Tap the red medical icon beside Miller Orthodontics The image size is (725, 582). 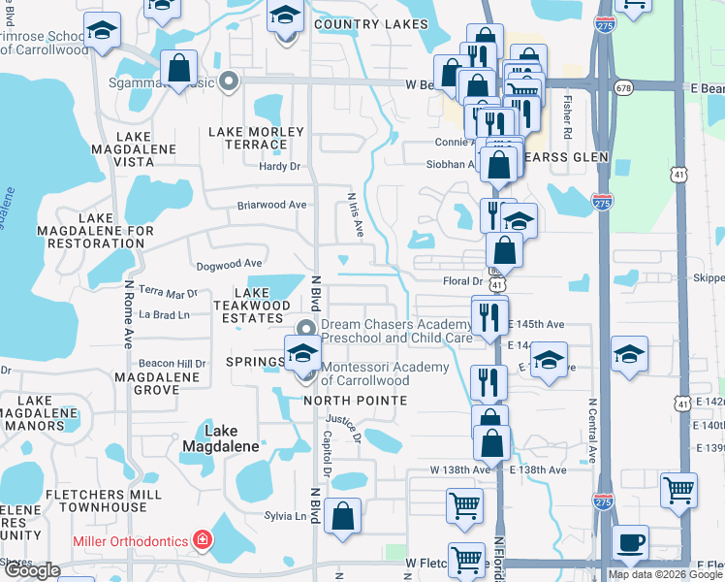click(x=203, y=539)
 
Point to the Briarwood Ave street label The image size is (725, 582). click(x=272, y=205)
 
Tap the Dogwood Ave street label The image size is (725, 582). click(x=229, y=263)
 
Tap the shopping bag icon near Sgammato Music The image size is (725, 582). click(x=179, y=68)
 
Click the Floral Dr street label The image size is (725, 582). click(x=462, y=280)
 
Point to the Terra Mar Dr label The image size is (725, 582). click(x=168, y=291)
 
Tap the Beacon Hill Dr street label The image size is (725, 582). click(x=173, y=363)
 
